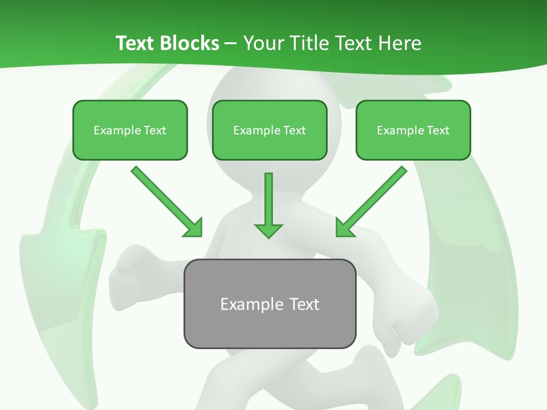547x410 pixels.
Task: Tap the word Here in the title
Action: click(399, 43)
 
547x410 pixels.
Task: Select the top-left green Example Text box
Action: click(130, 130)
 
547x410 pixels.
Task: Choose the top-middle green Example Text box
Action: click(270, 130)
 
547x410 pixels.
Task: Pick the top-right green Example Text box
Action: click(413, 130)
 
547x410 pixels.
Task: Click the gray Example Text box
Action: click(270, 304)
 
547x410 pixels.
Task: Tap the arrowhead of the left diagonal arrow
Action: click(194, 228)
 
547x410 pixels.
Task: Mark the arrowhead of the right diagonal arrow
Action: click(344, 228)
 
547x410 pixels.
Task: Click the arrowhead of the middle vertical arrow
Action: click(268, 229)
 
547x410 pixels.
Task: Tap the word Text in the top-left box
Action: click(154, 130)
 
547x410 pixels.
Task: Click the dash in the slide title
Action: click(231, 43)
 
